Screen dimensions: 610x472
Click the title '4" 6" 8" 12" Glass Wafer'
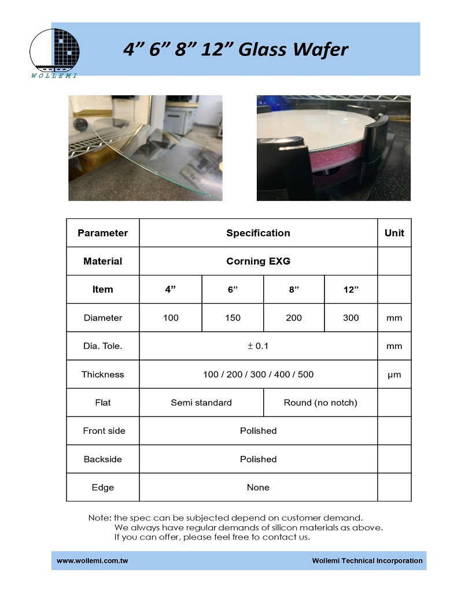point(235,49)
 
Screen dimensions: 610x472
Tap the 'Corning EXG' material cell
point(258,261)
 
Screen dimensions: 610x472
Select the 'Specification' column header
point(258,233)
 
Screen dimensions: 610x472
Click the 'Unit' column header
point(394,233)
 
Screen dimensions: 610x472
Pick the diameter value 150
point(233,318)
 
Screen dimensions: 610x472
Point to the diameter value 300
point(351,318)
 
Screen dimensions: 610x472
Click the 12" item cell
point(351,289)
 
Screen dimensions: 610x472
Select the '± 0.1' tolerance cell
point(258,346)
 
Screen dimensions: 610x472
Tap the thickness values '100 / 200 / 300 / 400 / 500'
point(258,374)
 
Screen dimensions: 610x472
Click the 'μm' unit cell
point(394,374)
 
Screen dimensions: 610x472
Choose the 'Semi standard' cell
point(201,403)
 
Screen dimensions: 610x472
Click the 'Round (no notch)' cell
point(320,403)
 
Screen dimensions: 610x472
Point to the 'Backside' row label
point(103,459)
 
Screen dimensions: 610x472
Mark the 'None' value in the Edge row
point(258,488)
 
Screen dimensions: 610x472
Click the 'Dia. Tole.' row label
point(103,346)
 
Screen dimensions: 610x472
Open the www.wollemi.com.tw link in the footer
point(92,561)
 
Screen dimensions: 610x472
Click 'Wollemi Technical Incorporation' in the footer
point(367,561)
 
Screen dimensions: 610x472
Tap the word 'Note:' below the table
point(100,518)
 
